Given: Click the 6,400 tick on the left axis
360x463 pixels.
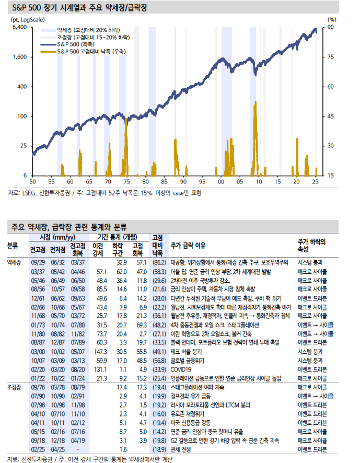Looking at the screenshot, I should pyautogui.click(x=19, y=27).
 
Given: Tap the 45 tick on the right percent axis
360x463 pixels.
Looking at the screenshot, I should pyautogui.click(x=331, y=116).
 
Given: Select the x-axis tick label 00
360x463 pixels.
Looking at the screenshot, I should pyautogui.click(x=220, y=181).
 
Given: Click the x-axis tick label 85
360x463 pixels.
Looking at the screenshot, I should pyautogui.click(x=164, y=181).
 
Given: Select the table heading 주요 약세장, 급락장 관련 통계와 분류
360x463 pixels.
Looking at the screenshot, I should pyautogui.click(x=69, y=227).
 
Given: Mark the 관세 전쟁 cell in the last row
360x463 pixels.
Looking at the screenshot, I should pyautogui.click(x=182, y=448).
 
